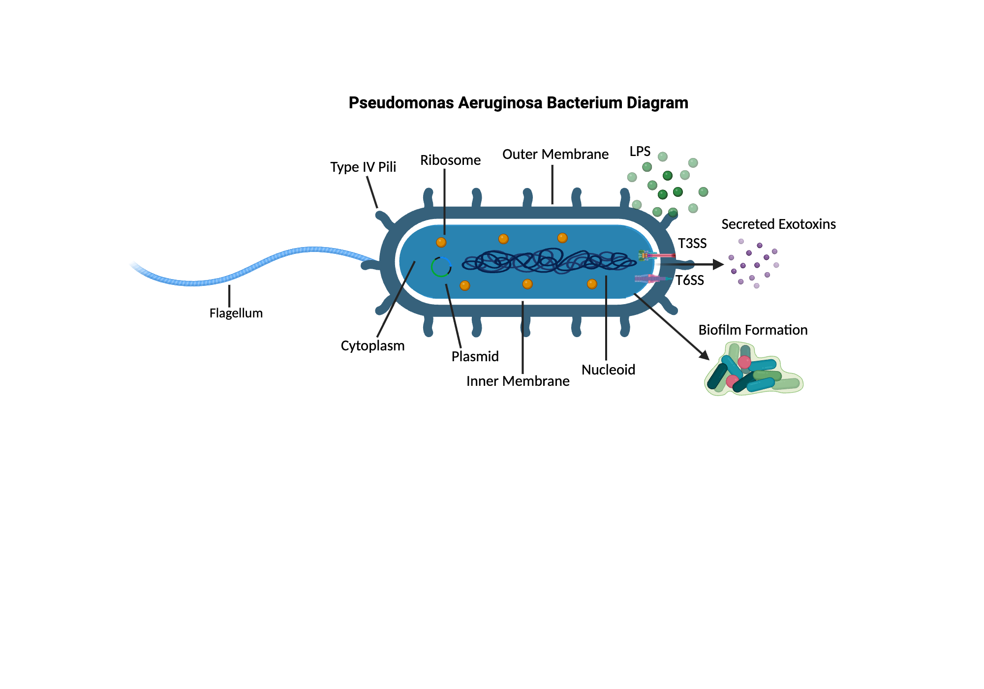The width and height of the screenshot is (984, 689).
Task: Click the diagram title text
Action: [518, 103]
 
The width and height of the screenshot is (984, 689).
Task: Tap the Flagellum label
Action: [236, 313]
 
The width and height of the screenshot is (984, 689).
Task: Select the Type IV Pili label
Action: [363, 167]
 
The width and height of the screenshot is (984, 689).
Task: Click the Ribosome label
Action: [450, 160]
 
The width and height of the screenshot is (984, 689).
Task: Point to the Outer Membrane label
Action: [555, 154]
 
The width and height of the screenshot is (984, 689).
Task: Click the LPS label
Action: [640, 151]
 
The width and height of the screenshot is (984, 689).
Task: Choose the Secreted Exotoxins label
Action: [778, 224]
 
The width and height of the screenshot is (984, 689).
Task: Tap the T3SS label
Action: [692, 243]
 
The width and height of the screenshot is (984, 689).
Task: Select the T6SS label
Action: [689, 280]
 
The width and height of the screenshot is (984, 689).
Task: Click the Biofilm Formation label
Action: [753, 330]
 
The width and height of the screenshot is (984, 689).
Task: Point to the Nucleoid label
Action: [608, 370]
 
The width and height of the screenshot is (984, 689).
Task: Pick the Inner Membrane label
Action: [518, 381]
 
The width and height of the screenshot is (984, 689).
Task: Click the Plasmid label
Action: [475, 356]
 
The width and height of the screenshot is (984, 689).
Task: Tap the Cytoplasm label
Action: [372, 345]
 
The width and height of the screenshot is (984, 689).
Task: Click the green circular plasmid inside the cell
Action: [441, 267]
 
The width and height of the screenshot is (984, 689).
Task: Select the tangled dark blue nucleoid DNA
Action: [549, 261]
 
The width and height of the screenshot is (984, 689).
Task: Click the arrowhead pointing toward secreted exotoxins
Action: [718, 264]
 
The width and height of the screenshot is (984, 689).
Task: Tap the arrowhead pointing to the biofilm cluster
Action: [705, 355]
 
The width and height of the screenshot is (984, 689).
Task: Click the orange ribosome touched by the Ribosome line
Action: [441, 242]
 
